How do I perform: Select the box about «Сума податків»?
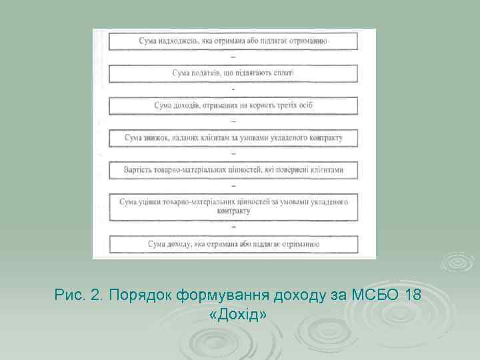(x=233, y=73)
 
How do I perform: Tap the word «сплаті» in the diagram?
(x=283, y=73)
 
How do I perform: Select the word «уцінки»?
(x=154, y=201)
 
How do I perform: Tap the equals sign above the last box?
(x=233, y=227)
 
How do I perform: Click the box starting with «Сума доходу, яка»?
(x=233, y=244)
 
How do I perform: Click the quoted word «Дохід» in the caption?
(x=237, y=313)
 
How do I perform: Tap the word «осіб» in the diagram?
(x=304, y=105)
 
